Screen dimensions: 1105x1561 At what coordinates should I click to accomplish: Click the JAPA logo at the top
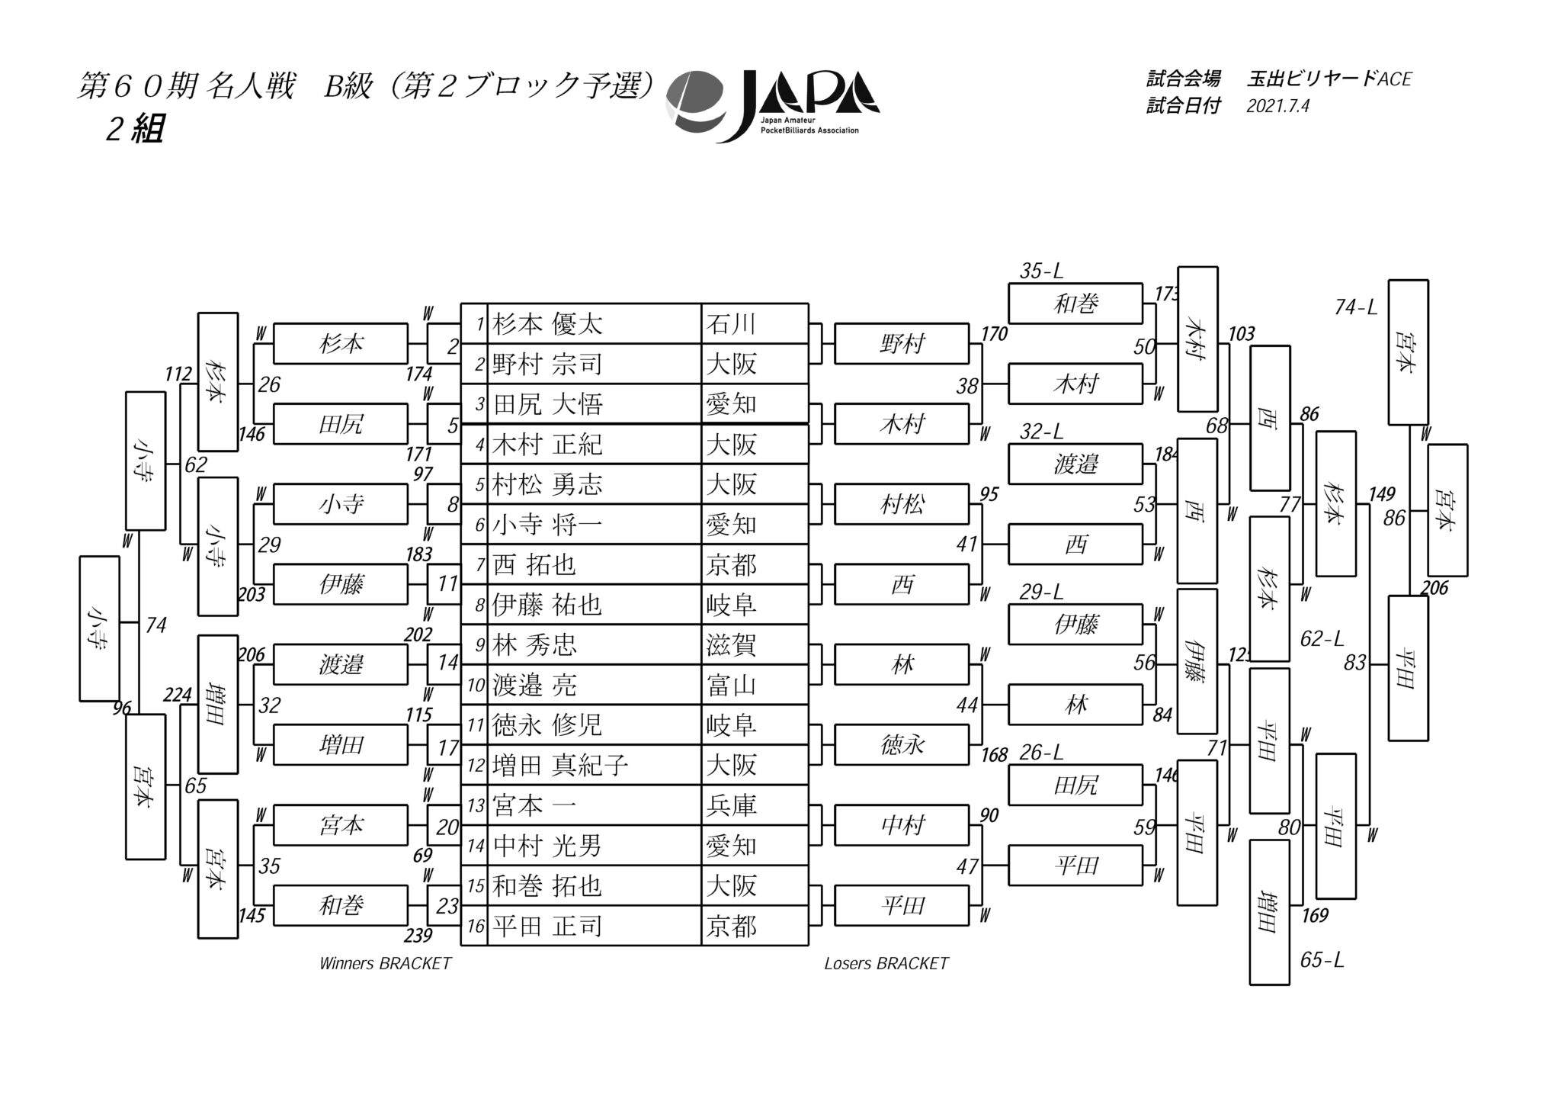[771, 106]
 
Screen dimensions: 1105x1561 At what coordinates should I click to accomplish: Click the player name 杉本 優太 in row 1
[547, 325]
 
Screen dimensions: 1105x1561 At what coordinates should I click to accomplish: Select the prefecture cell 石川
[730, 325]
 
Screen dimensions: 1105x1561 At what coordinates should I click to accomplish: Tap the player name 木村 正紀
[547, 445]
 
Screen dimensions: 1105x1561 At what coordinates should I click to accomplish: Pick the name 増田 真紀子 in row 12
[560, 766]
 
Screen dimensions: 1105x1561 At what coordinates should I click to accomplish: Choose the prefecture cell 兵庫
[730, 806]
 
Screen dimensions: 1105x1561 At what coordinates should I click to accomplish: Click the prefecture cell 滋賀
[730, 645]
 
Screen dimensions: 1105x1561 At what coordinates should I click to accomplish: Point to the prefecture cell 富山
[730, 686]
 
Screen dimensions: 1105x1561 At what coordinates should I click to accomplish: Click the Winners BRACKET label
[386, 963]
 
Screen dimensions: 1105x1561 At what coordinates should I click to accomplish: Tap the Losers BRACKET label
[886, 963]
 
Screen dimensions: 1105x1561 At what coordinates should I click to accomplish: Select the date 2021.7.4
[1277, 106]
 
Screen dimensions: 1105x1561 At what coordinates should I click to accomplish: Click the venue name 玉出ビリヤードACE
[1329, 79]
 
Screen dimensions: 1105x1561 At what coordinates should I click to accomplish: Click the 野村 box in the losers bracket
[902, 345]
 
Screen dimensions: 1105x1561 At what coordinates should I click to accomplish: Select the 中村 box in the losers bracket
[902, 826]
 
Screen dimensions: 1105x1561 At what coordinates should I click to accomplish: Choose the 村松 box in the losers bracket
[902, 505]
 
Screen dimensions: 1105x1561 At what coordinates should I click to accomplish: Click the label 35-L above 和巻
[1041, 271]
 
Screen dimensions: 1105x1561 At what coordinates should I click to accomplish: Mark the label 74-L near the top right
[1356, 307]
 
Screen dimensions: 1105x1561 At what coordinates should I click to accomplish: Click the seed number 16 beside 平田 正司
[476, 927]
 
